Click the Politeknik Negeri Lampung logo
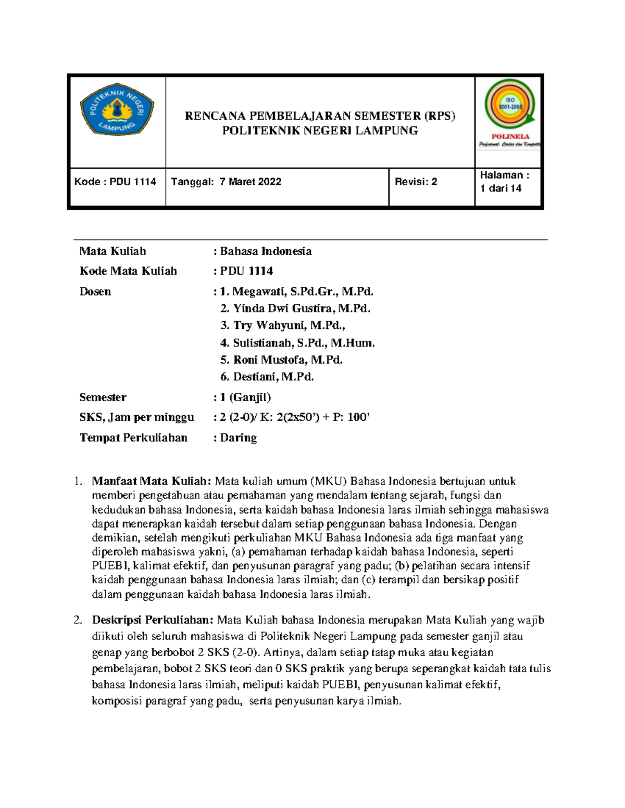click(x=117, y=110)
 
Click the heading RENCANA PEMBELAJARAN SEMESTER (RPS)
click(x=320, y=116)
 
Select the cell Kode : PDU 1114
click(x=116, y=182)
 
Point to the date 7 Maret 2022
click(x=250, y=182)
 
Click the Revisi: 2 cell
click(x=416, y=182)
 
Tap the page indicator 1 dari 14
click(x=501, y=188)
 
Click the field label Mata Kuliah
click(x=113, y=251)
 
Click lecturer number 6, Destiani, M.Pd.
click(x=273, y=377)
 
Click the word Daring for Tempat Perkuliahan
click(x=238, y=438)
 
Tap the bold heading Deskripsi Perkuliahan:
click(x=153, y=620)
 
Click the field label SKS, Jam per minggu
click(x=136, y=417)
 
